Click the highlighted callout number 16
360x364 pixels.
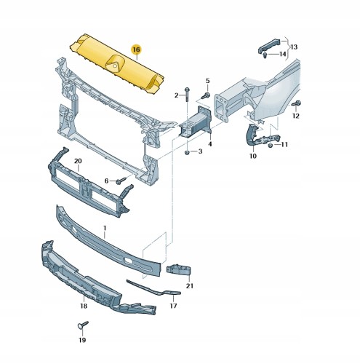(x=136, y=50)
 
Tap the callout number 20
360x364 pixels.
(x=78, y=161)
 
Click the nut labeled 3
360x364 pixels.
(x=188, y=152)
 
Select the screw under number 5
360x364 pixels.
(x=206, y=95)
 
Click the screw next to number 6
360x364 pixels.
(x=121, y=181)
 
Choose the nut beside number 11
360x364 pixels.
(x=271, y=145)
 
